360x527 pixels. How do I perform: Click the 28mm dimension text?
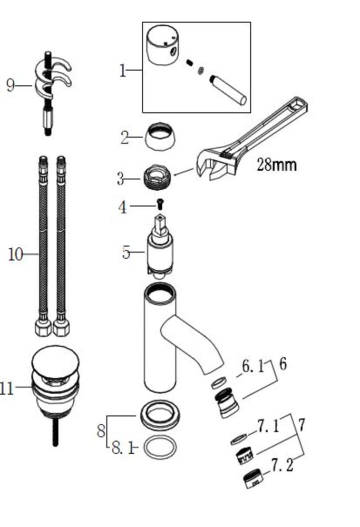[277, 164]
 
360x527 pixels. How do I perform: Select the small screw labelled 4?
[160, 204]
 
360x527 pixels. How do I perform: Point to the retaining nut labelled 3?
[157, 179]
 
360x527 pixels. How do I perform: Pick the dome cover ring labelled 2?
[160, 136]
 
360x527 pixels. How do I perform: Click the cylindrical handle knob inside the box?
[163, 45]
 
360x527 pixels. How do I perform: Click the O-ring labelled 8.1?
[160, 447]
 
